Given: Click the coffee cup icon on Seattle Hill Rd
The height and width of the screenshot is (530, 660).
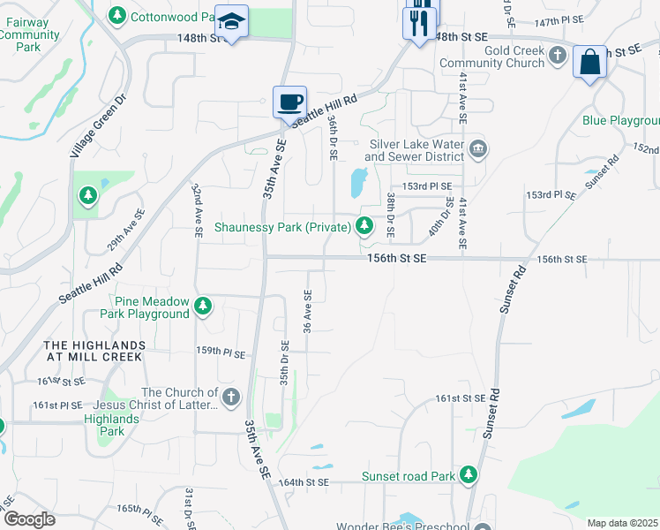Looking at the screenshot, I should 289,102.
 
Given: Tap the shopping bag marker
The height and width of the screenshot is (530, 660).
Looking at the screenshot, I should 589,63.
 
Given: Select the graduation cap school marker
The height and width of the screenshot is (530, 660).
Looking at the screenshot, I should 231,22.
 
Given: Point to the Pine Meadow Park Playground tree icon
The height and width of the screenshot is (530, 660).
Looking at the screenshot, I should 204,307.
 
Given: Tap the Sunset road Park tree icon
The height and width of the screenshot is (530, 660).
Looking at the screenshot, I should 468,476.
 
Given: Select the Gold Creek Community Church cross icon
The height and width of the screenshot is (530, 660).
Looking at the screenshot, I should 557,57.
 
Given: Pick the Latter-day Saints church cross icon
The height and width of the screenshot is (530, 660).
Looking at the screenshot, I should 231,396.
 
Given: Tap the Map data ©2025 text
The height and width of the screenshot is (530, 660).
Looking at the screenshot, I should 622,523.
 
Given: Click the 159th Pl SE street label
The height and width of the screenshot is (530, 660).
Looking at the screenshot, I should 220,352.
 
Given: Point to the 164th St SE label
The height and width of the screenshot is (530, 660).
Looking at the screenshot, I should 304,482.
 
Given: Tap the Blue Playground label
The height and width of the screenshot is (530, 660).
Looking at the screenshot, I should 620,121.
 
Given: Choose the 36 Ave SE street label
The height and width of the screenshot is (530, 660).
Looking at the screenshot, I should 308,312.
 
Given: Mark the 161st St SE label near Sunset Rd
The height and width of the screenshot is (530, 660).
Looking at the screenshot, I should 460,398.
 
